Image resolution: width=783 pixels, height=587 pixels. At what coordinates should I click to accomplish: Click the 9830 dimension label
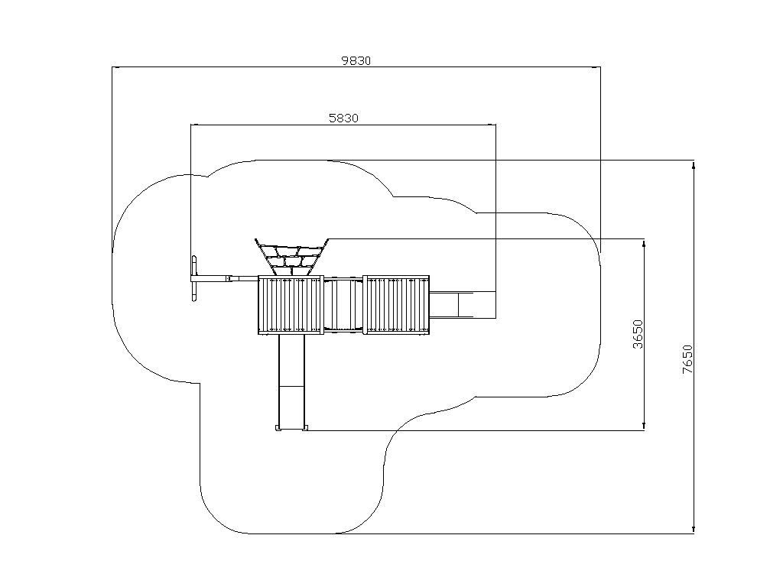[356, 61]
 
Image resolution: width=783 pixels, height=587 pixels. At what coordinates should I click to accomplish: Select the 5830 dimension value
[343, 118]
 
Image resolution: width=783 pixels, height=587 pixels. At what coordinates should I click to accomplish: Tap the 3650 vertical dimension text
[638, 335]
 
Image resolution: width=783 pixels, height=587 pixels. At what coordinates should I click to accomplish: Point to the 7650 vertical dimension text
[687, 359]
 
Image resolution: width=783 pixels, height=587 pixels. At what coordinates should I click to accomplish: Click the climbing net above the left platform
[291, 257]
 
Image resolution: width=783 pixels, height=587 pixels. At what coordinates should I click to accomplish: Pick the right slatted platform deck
[396, 304]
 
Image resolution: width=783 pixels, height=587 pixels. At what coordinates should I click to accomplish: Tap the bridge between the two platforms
[343, 305]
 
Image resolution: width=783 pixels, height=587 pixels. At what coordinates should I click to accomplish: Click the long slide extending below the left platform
[291, 382]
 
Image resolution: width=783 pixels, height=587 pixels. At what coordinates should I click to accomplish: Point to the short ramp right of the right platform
[451, 304]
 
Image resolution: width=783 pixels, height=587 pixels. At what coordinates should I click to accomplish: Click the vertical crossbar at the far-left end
[194, 280]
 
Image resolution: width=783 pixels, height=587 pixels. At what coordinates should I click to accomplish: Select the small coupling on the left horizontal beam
[229, 278]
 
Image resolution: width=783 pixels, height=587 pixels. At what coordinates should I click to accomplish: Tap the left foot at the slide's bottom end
[278, 428]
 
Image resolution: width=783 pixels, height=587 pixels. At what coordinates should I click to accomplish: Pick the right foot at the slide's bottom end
[306, 428]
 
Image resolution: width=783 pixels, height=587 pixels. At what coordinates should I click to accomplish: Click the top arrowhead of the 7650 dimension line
[693, 165]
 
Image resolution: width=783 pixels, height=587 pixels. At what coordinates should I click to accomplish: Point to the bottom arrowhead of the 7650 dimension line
[693, 529]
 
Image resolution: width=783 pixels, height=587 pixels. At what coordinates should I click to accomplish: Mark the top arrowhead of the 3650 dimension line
[644, 244]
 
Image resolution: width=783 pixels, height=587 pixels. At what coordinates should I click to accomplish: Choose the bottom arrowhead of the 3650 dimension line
[644, 425]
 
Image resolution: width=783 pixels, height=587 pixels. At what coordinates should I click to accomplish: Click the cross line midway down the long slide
[291, 386]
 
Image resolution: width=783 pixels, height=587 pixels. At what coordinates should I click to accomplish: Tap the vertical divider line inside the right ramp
[459, 304]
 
